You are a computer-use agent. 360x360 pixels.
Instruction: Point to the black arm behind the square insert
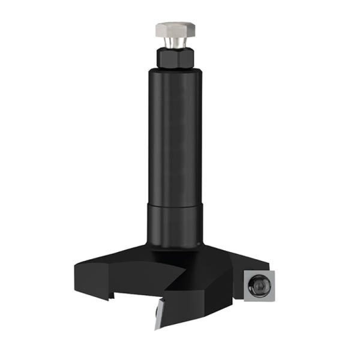pos(237,264)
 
